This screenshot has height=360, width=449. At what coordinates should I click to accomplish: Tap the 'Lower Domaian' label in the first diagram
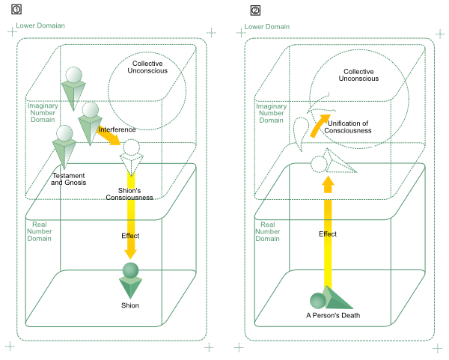pos(40,25)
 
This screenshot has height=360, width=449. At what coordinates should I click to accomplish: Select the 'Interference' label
pos(117,129)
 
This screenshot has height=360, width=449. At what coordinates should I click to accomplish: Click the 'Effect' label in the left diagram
pos(130,236)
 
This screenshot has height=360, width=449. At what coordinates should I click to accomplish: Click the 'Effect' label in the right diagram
pos(328,234)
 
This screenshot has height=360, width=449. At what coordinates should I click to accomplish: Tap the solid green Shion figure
pos(131,281)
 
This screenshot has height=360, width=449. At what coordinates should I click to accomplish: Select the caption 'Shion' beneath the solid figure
pos(130,305)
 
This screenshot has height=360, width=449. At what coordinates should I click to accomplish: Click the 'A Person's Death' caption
pos(334,315)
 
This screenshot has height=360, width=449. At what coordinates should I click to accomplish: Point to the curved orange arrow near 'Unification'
pos(320,126)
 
